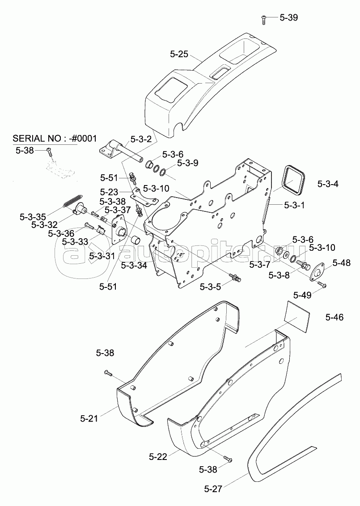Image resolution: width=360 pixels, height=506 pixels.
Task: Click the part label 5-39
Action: (288, 18)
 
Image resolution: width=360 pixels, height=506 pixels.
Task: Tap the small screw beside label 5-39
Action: (264, 19)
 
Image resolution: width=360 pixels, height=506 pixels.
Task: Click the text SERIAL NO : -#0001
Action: (55, 138)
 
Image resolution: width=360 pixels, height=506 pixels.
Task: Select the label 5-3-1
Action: (295, 205)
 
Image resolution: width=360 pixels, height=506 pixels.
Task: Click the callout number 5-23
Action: (109, 191)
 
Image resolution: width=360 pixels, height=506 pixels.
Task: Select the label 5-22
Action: (158, 456)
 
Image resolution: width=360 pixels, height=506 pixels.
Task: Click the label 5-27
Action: (213, 489)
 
